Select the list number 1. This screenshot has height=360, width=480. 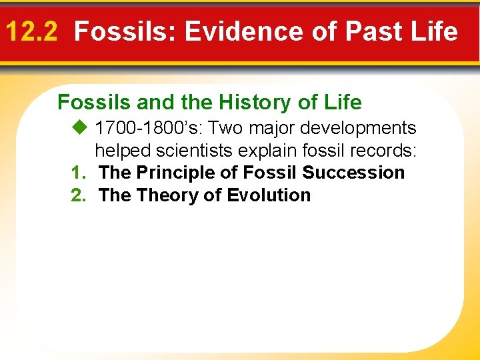[77, 173]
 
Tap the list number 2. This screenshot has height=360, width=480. [77, 195]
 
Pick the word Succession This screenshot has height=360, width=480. [353, 173]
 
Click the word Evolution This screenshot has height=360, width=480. [269, 195]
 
